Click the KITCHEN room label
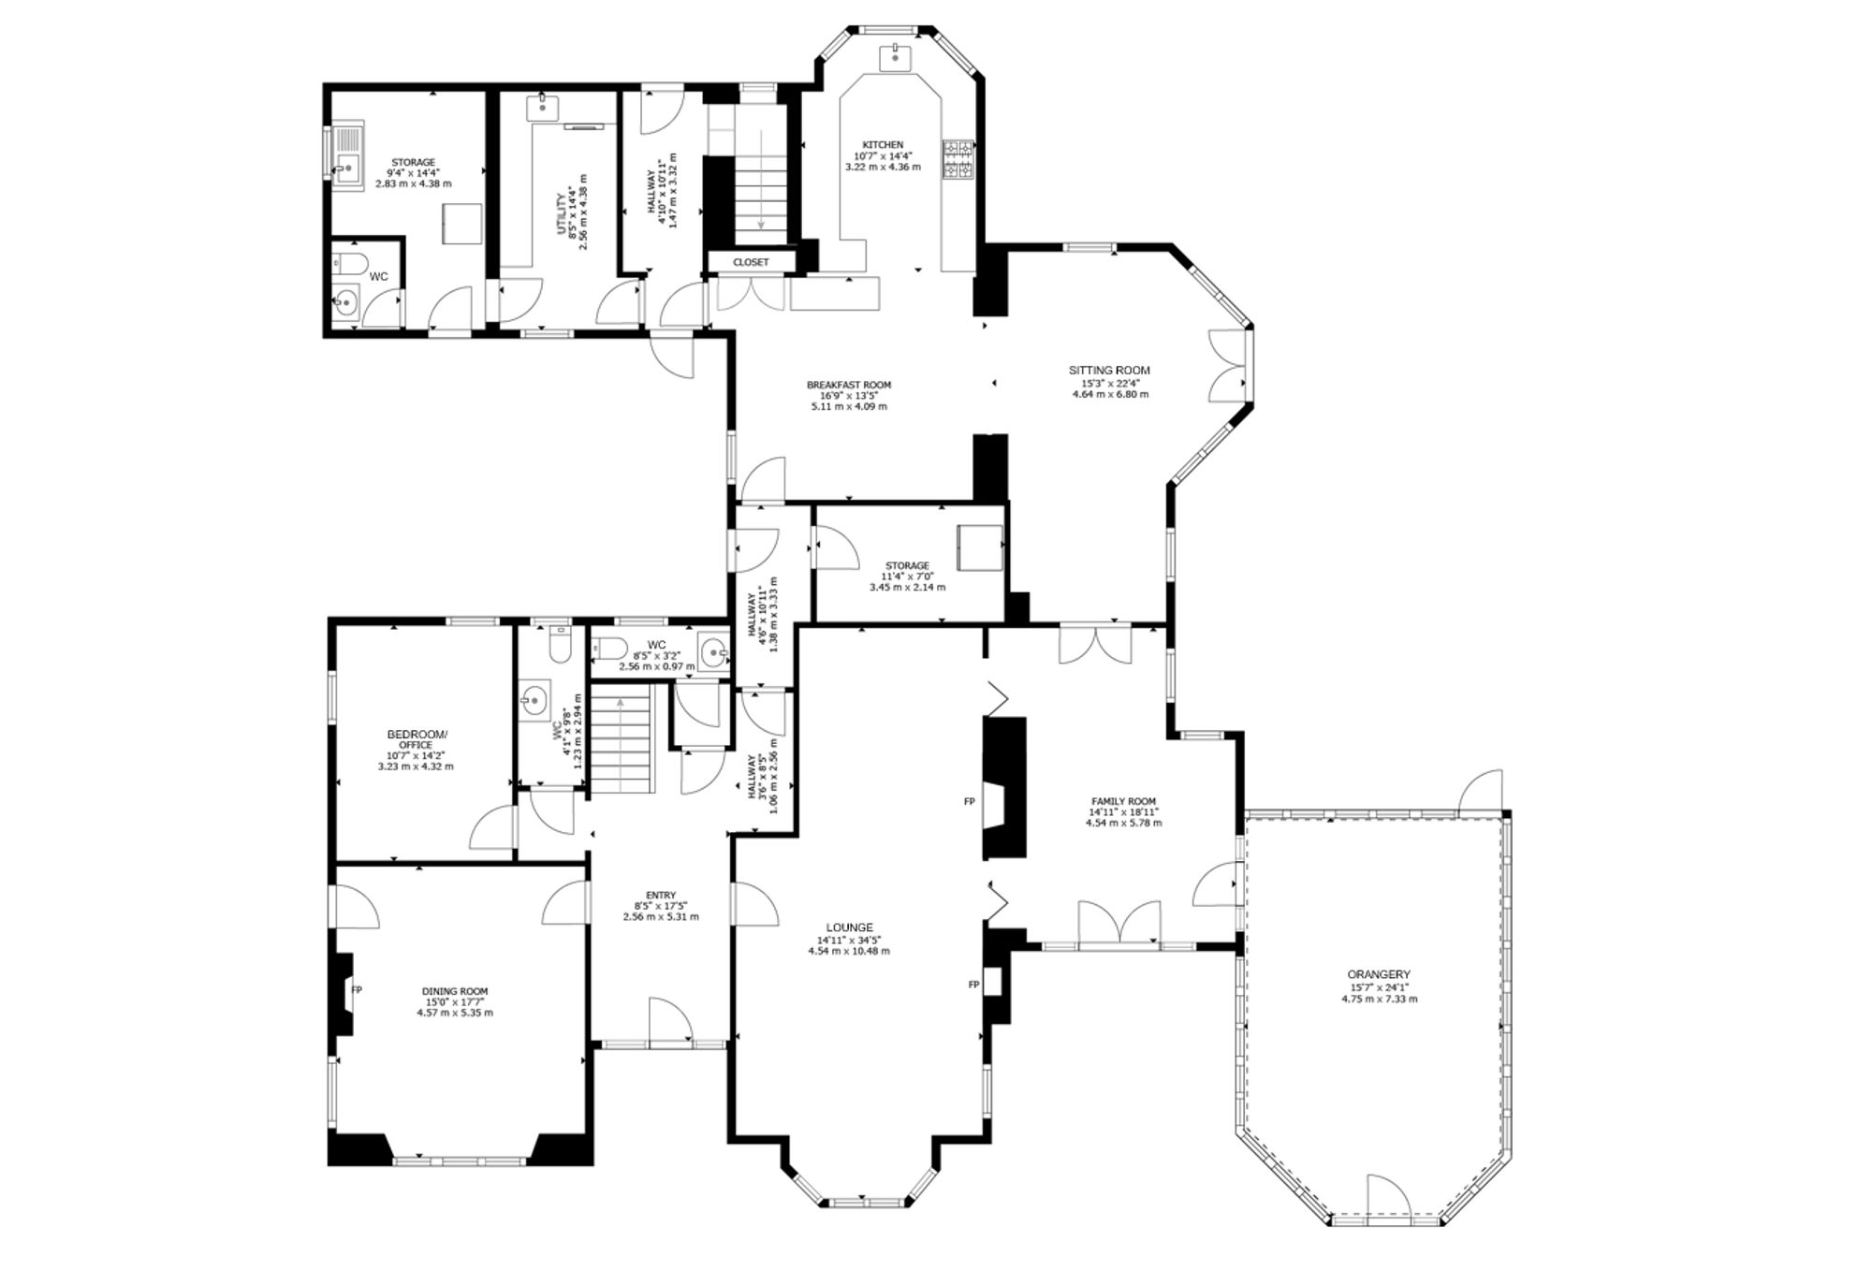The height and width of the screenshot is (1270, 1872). pyautogui.click(x=883, y=144)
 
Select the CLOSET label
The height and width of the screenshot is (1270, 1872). pyautogui.click(x=751, y=262)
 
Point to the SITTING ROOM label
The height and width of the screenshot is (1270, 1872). pyautogui.click(x=1110, y=370)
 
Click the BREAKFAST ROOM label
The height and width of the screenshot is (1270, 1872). pyautogui.click(x=849, y=385)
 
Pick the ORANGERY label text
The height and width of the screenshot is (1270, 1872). pyautogui.click(x=1380, y=974)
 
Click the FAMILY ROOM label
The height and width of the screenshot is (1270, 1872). pyautogui.click(x=1123, y=801)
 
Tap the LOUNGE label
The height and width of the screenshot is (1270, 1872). pyautogui.click(x=849, y=927)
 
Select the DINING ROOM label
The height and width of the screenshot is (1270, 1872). pyautogui.click(x=455, y=991)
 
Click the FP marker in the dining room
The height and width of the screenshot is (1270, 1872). pyautogui.click(x=357, y=989)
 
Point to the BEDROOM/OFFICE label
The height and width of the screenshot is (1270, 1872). pyautogui.click(x=417, y=739)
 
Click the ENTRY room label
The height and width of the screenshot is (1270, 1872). pyautogui.click(x=661, y=895)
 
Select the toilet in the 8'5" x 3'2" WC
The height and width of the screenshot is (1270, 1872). pyautogui.click(x=609, y=647)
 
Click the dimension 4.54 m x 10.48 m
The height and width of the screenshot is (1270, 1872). pyautogui.click(x=849, y=951)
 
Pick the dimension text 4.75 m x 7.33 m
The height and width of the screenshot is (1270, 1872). pyautogui.click(x=1380, y=999)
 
